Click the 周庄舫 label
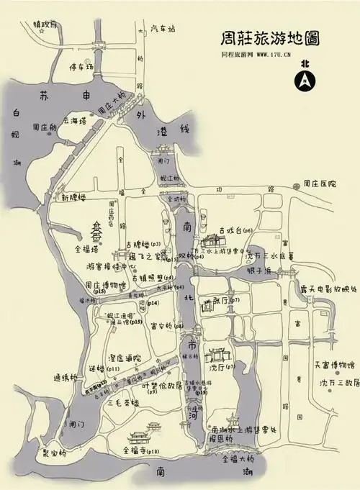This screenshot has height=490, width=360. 45,127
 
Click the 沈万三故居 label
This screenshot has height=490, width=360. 338,384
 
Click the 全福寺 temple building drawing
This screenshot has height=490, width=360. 138,437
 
